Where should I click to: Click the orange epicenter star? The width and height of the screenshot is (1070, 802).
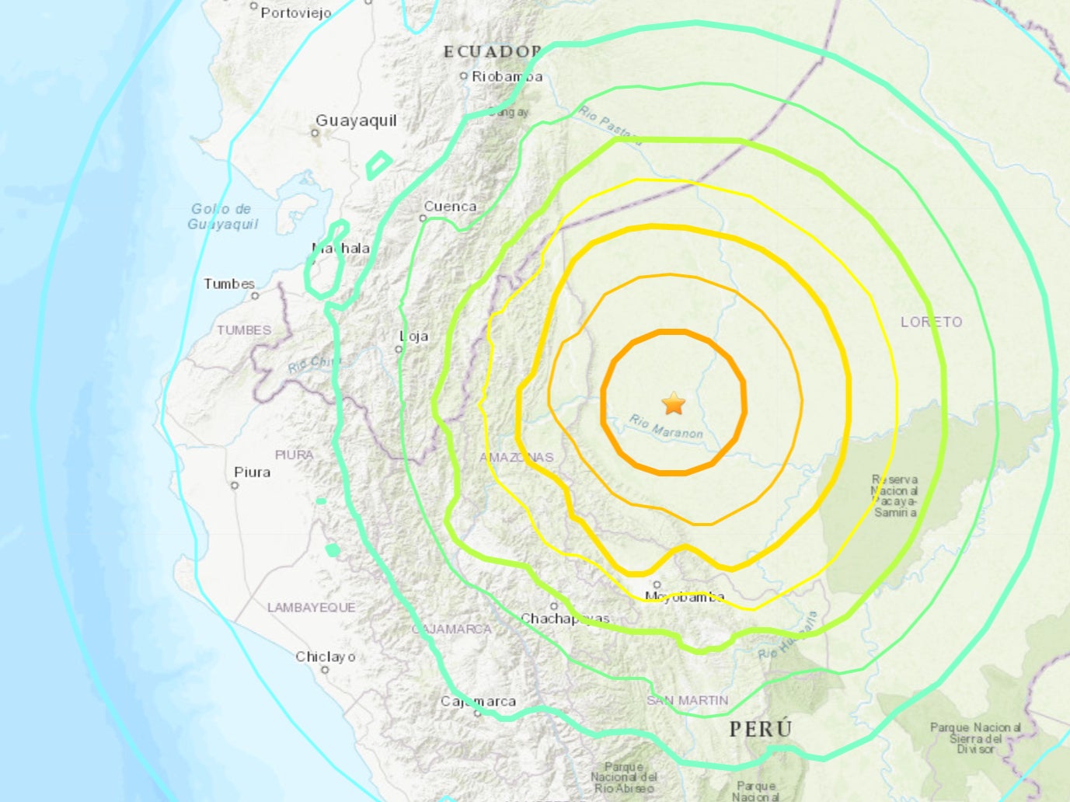click(674, 404)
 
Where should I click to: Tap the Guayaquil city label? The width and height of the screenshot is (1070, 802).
click(356, 120)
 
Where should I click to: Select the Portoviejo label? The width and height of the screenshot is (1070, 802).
click(296, 12)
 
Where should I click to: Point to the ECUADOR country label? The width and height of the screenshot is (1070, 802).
click(492, 52)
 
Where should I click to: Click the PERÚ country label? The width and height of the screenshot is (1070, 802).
click(761, 729)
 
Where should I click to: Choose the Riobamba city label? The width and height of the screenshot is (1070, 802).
click(507, 76)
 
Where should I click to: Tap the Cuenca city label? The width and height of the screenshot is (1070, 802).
click(450, 207)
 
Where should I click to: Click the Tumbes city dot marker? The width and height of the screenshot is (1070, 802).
click(255, 296)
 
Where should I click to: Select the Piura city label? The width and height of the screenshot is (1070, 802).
click(253, 472)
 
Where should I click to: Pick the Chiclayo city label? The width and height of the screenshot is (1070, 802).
click(326, 657)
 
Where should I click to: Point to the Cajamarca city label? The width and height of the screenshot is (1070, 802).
click(478, 701)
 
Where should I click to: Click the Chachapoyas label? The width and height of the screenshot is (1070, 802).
click(565, 619)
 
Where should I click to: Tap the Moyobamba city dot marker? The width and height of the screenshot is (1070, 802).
click(657, 584)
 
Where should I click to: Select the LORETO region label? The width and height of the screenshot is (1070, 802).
click(931, 322)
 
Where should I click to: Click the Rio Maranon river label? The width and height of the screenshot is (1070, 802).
click(666, 427)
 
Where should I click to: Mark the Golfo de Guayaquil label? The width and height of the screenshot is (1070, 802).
click(222, 216)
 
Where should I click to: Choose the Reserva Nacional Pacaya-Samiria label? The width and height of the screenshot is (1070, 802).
click(895, 496)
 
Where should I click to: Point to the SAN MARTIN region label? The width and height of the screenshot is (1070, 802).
click(688, 700)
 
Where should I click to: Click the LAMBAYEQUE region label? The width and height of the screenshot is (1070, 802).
click(312, 607)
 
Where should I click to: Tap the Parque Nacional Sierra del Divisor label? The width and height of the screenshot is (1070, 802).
click(975, 738)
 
